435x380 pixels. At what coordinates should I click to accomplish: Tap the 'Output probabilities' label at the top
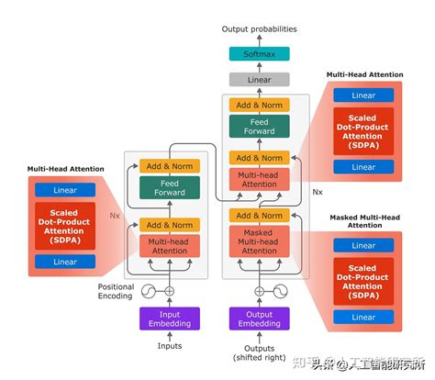pos(258,29)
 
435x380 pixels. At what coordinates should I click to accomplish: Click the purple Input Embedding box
pos(168,319)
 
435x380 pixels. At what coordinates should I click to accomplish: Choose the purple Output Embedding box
pos(258,319)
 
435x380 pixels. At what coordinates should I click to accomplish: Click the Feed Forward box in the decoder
pos(258,126)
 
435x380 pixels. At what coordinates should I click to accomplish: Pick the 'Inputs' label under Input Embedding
pos(168,346)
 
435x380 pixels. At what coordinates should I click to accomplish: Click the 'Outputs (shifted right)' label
pos(258,352)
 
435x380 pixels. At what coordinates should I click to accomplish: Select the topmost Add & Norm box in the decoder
pos(258,105)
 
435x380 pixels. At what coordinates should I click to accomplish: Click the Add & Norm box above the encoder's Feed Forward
pos(168,165)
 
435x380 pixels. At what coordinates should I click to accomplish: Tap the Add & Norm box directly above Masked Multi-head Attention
pos(258,216)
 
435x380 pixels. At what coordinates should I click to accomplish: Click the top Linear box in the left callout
pos(65,190)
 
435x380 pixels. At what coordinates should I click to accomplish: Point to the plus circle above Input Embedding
pos(168,291)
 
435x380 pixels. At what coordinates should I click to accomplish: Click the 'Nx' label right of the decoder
pos(318,193)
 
